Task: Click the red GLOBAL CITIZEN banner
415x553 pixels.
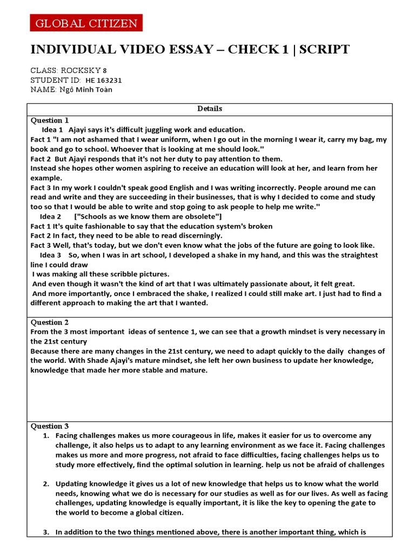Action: point(86,23)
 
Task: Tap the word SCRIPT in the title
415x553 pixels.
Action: point(324,50)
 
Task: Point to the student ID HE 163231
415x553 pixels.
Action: point(104,80)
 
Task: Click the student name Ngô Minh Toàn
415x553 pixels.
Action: point(86,90)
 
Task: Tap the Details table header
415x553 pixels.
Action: point(210,109)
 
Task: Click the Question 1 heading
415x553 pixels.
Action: point(50,120)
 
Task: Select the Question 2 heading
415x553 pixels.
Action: point(50,322)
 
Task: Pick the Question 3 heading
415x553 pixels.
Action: point(50,426)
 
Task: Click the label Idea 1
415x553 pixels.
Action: point(52,130)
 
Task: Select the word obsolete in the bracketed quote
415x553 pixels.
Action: point(200,217)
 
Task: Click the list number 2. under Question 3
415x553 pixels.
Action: point(46,483)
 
